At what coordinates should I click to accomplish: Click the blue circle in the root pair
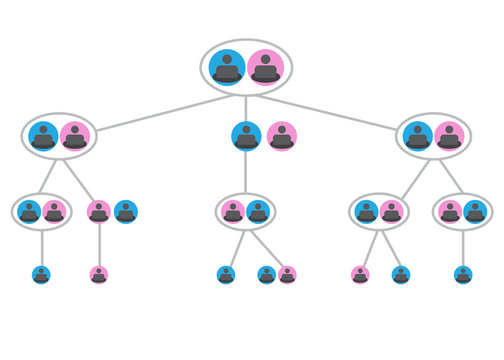[228, 67]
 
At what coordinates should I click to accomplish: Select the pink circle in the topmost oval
[265, 67]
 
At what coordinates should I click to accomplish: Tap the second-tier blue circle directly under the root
[246, 136]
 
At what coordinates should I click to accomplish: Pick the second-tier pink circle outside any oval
[282, 136]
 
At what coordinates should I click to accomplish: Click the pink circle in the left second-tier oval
[75, 136]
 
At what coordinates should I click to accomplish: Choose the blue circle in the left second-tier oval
[43, 136]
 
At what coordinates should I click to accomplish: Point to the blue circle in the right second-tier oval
[417, 136]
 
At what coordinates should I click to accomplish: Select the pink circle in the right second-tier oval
[449, 136]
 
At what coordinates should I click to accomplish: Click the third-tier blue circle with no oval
[125, 212]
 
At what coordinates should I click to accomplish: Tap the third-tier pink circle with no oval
[98, 212]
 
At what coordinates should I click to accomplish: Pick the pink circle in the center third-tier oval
[233, 212]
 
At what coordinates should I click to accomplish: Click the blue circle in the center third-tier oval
[258, 212]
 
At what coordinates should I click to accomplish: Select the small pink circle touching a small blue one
[288, 274]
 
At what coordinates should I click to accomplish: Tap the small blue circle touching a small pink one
[266, 274]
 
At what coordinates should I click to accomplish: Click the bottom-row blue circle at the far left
[41, 274]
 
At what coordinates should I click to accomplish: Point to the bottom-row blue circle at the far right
[463, 274]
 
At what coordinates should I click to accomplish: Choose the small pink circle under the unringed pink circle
[98, 274]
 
